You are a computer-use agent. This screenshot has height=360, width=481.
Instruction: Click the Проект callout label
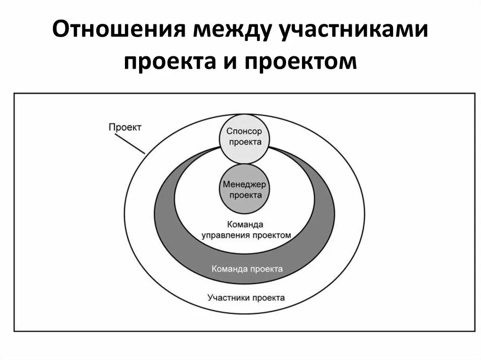click(124, 127)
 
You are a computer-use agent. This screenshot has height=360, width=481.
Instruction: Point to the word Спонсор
click(243, 131)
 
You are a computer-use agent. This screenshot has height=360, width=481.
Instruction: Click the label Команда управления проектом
click(247, 230)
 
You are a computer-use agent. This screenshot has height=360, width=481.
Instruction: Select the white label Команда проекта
click(247, 269)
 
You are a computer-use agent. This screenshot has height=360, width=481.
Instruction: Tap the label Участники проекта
click(246, 298)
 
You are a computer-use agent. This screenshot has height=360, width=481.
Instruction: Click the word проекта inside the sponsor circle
click(243, 142)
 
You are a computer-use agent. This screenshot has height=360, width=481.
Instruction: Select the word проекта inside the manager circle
click(243, 195)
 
